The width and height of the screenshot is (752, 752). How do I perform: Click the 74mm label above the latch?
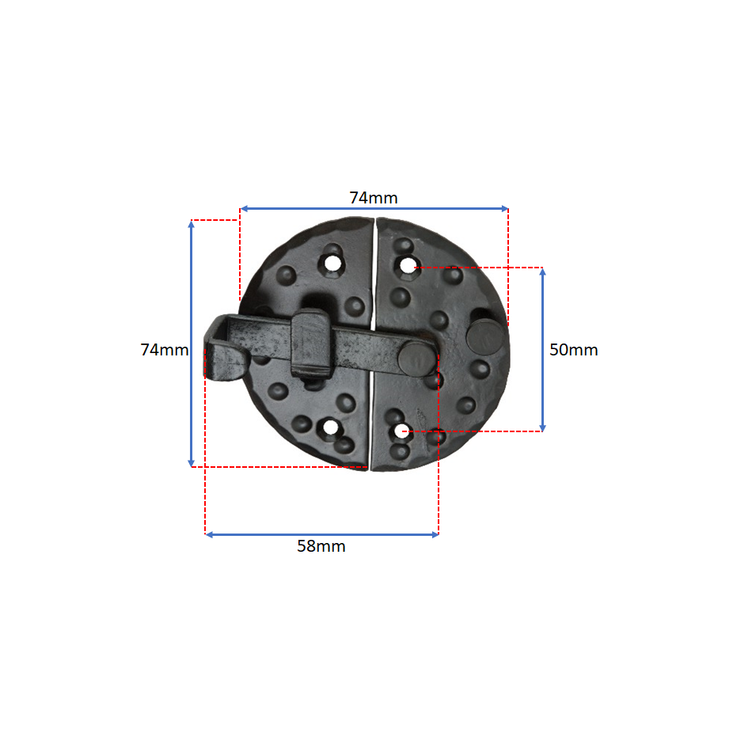click(x=374, y=198)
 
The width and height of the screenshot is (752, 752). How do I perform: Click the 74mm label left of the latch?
click(x=165, y=350)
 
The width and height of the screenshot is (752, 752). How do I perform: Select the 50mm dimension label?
click(x=574, y=350)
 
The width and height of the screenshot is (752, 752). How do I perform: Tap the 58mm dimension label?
click(x=321, y=545)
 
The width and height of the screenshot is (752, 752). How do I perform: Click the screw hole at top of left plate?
click(x=332, y=264)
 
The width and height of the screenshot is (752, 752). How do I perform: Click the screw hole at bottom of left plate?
click(x=330, y=427)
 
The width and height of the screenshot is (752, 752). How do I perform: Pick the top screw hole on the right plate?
click(x=408, y=265)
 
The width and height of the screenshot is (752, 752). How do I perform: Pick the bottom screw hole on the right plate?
click(x=401, y=431)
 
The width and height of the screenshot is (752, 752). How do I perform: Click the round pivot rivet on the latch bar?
click(x=414, y=359)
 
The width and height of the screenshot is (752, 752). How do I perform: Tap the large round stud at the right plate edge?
click(x=485, y=336)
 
